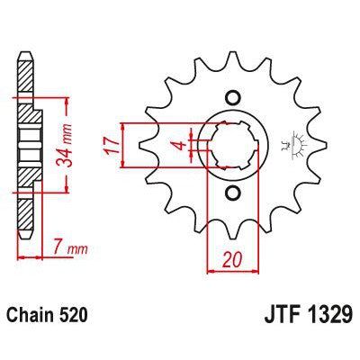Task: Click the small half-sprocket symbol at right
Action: tap(292, 144)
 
